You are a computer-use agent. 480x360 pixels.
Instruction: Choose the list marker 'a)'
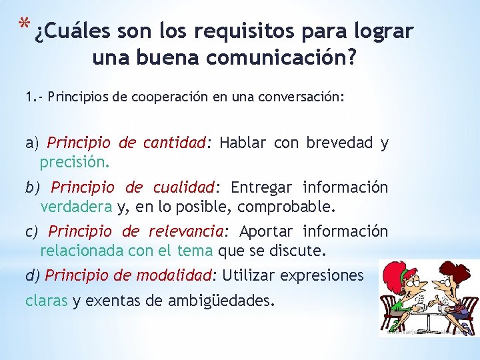click(33, 143)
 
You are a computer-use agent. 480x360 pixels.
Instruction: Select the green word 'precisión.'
click(75, 162)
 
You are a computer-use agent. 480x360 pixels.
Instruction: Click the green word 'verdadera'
click(76, 207)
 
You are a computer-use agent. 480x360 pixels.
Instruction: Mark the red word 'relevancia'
click(186, 231)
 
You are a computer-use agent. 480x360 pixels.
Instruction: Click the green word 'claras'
click(47, 301)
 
